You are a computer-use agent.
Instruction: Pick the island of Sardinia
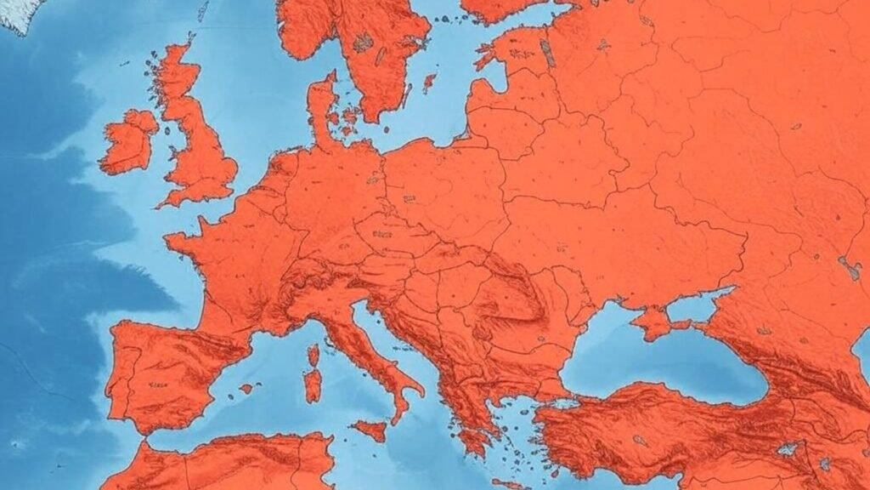point(313,385)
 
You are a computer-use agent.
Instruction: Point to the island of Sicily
point(370,430)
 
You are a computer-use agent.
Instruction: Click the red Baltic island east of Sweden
point(429,83)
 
